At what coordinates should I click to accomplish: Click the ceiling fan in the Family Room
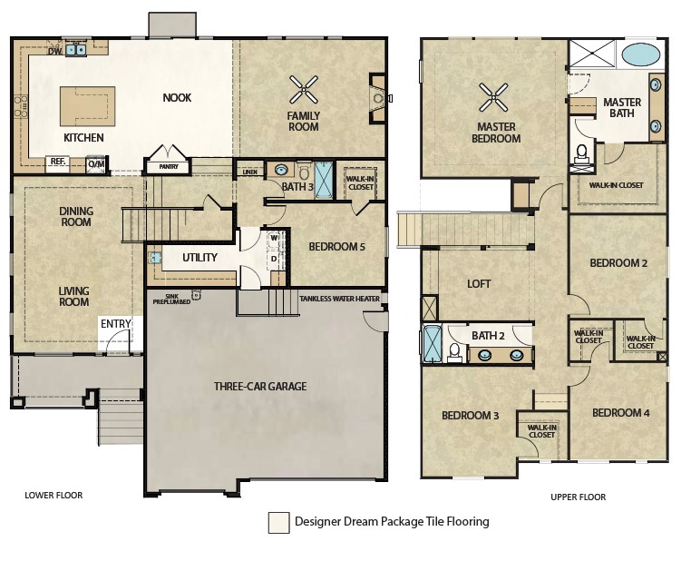coord(304,90)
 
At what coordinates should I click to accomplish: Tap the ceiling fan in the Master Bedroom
coord(493,97)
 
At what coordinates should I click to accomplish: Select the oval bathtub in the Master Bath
coord(641,54)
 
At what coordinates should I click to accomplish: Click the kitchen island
coord(87,106)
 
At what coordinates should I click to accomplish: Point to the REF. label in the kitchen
coord(58,162)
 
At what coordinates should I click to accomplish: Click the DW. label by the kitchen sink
coord(55,52)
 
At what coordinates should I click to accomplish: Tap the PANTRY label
coord(169,166)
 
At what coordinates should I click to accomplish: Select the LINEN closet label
coord(249,172)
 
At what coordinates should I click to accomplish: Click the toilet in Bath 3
coord(304,172)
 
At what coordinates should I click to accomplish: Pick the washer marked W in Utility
coord(274,239)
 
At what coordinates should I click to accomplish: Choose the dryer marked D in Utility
coord(274,259)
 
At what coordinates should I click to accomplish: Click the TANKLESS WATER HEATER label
coord(340,299)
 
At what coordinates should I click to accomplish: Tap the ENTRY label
coord(115,323)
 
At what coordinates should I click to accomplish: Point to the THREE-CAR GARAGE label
coord(260,386)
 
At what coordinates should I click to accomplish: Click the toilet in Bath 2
coord(454,351)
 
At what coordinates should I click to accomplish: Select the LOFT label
coord(479,284)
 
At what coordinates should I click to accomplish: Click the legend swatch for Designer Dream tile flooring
coord(278,522)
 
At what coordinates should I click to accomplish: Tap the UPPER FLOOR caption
coord(578,497)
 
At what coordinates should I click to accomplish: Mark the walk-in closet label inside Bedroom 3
coord(541,431)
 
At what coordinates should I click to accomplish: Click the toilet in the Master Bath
coord(581,155)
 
